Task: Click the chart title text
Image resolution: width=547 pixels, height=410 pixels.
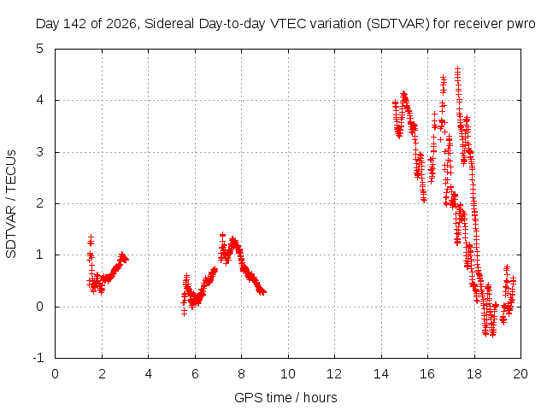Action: point(285,24)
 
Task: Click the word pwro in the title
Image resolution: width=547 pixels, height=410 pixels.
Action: point(521,25)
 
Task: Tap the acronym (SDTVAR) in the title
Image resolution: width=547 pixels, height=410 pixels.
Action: point(397,24)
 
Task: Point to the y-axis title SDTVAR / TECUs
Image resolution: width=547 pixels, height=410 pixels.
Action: point(11,204)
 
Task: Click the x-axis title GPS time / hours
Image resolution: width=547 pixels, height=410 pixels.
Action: point(285,397)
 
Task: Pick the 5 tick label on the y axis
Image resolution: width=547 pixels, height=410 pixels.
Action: point(40,49)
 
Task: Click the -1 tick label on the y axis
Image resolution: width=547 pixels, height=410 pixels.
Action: point(38,358)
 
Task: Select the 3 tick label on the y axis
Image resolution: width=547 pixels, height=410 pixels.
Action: point(40,152)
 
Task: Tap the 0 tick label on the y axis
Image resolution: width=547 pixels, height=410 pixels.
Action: point(40,307)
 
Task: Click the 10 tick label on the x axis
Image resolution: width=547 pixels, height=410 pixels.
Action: point(288,374)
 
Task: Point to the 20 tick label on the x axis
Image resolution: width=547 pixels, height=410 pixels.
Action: point(521,374)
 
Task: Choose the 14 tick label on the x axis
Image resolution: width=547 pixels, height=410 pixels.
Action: point(381,374)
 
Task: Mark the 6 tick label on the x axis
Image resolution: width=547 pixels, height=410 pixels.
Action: point(195,374)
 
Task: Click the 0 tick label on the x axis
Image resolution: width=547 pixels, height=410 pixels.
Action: point(55,374)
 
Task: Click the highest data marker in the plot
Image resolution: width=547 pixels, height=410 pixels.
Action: point(458,69)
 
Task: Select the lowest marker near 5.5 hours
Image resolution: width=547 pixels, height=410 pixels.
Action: point(184,313)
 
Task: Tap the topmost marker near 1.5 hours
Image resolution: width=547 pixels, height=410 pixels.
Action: point(91,237)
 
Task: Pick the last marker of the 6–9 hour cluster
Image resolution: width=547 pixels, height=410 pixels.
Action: point(263,292)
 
